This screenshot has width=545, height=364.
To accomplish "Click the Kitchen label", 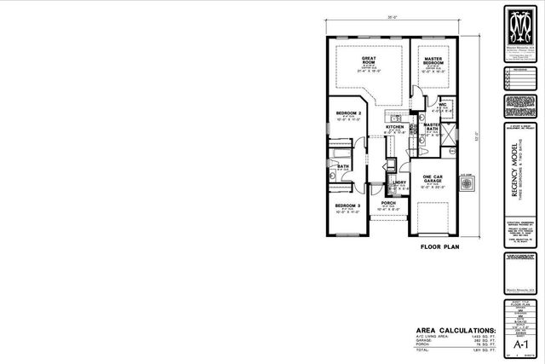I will coord(395,127).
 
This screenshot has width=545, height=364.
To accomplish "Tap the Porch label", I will coord(388,203).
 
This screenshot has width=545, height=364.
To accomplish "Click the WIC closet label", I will coord(444,105).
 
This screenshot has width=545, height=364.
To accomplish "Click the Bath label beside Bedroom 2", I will coord(342,166).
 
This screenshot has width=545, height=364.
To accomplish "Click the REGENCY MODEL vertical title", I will coord(515,175).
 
